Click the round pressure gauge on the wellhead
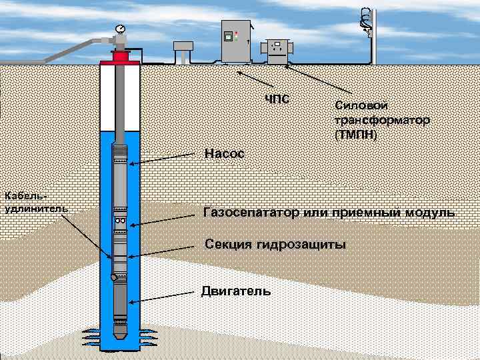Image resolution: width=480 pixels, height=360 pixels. point(120,29)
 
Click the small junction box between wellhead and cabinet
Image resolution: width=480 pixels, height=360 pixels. point(182,47)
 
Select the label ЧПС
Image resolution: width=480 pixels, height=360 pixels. point(277,100)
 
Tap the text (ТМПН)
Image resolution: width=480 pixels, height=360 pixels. point(356,135)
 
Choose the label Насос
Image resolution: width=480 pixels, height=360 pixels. point(225,154)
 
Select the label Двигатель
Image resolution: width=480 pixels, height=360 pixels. point(236,291)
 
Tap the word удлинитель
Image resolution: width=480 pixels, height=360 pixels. point(35,208)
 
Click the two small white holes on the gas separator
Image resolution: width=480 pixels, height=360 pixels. point(120,221)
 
